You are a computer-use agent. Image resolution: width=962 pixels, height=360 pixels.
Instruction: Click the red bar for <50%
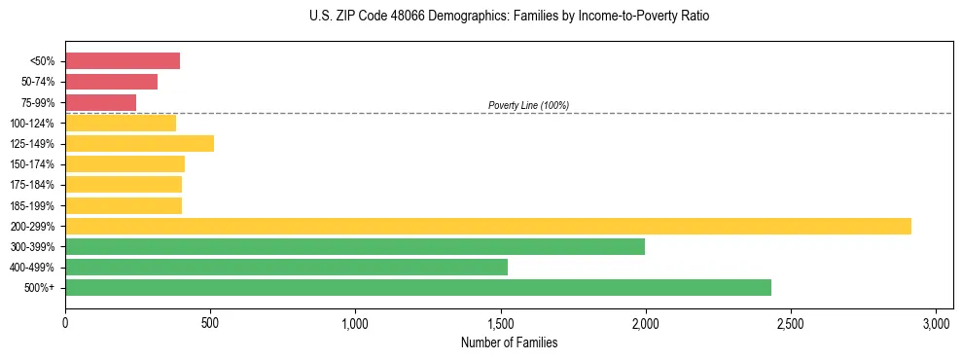coord(123,61)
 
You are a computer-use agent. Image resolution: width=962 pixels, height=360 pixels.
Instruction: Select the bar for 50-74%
coord(111,82)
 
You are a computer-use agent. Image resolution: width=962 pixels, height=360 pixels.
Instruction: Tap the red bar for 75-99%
coord(100,102)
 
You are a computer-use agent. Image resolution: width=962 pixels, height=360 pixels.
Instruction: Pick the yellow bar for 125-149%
coord(139,143)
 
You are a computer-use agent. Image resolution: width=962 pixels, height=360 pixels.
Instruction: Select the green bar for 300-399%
coord(355,246)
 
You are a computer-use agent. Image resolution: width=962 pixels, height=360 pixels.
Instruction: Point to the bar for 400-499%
coord(286,267)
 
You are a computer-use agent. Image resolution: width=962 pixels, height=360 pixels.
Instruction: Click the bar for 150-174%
coord(125,163)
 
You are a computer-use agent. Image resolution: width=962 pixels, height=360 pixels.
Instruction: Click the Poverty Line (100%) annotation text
coord(528,105)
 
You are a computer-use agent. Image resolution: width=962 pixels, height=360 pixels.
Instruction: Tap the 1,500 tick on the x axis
coord(500,322)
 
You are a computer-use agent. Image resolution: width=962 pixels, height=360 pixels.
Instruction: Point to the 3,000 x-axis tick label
coord(936,322)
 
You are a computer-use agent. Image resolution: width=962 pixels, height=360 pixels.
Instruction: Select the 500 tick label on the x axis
coord(210,322)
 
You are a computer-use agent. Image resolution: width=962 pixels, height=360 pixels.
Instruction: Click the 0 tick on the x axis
coord(65,322)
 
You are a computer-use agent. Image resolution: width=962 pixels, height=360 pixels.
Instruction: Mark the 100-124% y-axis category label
coord(32,123)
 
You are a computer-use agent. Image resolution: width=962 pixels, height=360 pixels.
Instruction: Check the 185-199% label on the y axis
coord(32,205)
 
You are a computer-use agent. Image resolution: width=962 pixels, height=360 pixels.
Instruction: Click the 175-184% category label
coord(32,185)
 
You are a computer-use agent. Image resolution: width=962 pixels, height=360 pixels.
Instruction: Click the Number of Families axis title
coord(509,342)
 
